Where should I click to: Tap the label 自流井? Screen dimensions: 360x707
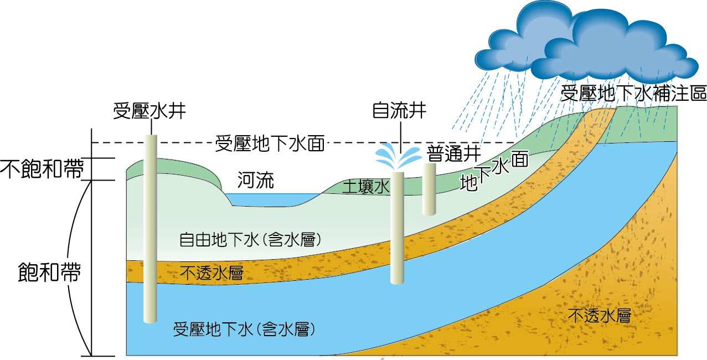tap(399, 110)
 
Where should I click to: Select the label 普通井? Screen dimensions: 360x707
tap(453, 153)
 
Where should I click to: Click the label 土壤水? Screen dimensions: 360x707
tap(367, 186)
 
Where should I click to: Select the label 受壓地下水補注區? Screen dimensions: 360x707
tap(633, 93)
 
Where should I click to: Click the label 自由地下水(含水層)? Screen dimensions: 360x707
tap(251, 239)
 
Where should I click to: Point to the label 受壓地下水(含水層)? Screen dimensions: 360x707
tap(245, 329)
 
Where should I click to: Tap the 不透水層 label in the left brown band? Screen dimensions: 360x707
tap(212, 272)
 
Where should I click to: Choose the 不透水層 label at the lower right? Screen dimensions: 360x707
tap(600, 316)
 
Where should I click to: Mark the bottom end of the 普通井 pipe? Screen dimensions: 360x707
tap(430, 212)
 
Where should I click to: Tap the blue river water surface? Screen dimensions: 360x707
tap(271, 198)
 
